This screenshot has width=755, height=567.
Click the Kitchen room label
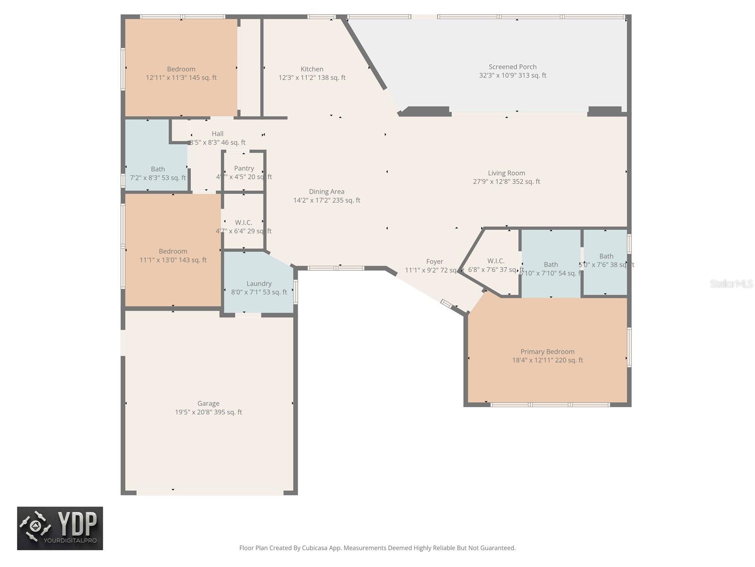pyautogui.click(x=312, y=69)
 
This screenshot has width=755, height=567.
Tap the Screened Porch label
pyautogui.click(x=512, y=67)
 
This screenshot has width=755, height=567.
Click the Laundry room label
pyautogui.click(x=259, y=283)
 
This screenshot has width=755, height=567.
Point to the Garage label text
pyautogui.click(x=208, y=404)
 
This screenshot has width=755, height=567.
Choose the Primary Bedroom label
pyautogui.click(x=547, y=352)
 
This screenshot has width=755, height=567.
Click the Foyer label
pyautogui.click(x=434, y=261)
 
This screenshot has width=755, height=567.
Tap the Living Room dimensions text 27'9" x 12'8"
pyautogui.click(x=506, y=181)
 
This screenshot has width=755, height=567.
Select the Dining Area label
pyautogui.click(x=327, y=191)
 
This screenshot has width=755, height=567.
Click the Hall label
pyautogui.click(x=218, y=134)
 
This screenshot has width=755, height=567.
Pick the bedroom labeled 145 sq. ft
pyautogui.click(x=181, y=73)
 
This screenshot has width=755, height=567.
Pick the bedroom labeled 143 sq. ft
pyautogui.click(x=173, y=256)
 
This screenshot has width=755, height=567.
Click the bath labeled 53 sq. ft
pyautogui.click(x=158, y=173)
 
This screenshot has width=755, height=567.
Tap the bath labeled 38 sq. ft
pyautogui.click(x=606, y=260)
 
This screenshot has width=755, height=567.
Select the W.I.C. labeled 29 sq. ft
pyautogui.click(x=243, y=226)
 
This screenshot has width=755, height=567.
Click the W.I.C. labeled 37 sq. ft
pyautogui.click(x=495, y=265)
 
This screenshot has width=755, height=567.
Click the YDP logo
pyautogui.click(x=60, y=528)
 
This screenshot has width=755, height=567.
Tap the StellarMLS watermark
pyautogui.click(x=731, y=283)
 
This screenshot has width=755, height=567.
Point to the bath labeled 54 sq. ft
pyautogui.click(x=551, y=269)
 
